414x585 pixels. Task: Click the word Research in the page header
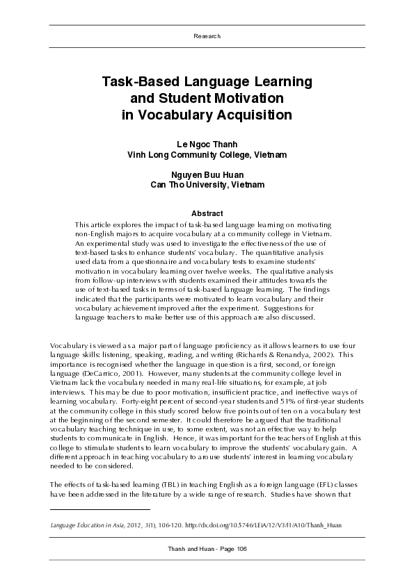pos(207,36)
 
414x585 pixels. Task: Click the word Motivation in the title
pos(240,98)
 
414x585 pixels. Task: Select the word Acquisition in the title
pos(248,115)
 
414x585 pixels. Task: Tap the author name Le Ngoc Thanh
pos(207,144)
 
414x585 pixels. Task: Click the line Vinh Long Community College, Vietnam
pos(207,154)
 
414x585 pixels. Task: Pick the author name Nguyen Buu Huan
pos(207,174)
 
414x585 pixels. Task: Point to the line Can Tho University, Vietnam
pos(207,185)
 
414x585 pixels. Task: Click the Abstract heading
pos(207,213)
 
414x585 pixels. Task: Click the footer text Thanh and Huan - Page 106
pos(207,549)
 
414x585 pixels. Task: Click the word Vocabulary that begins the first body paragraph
pos(68,345)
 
